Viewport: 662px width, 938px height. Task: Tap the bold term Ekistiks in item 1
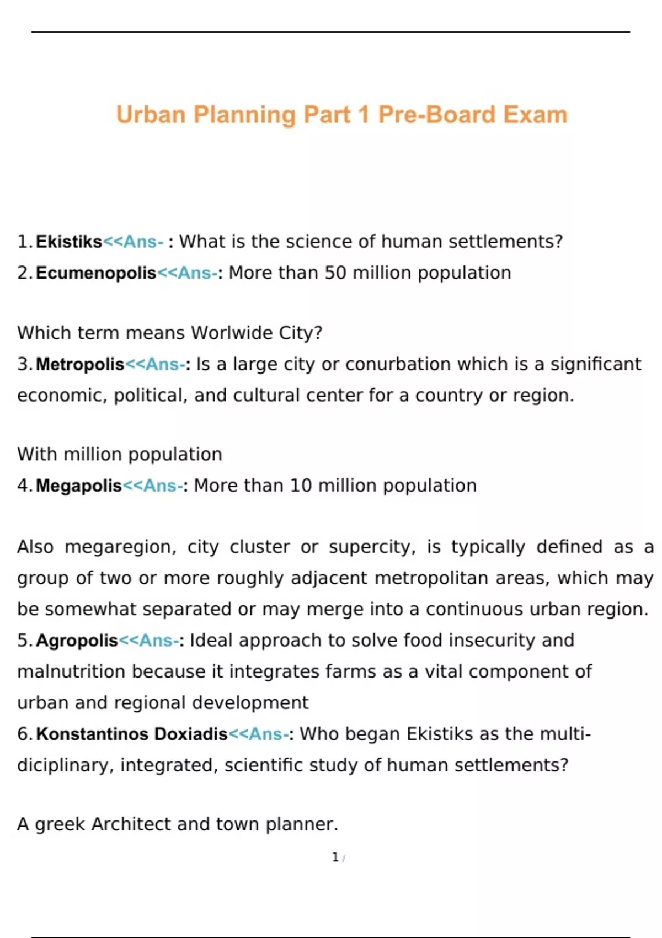[69, 242]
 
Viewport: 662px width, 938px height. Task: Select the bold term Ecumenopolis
[96, 273]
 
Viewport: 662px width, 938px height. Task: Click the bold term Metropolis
[80, 364]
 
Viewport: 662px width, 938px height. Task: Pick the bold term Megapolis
[78, 486]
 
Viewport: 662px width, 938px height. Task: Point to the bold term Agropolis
[77, 641]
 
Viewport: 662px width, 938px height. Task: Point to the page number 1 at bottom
[335, 857]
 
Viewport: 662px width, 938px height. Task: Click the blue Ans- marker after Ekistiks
[143, 242]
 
